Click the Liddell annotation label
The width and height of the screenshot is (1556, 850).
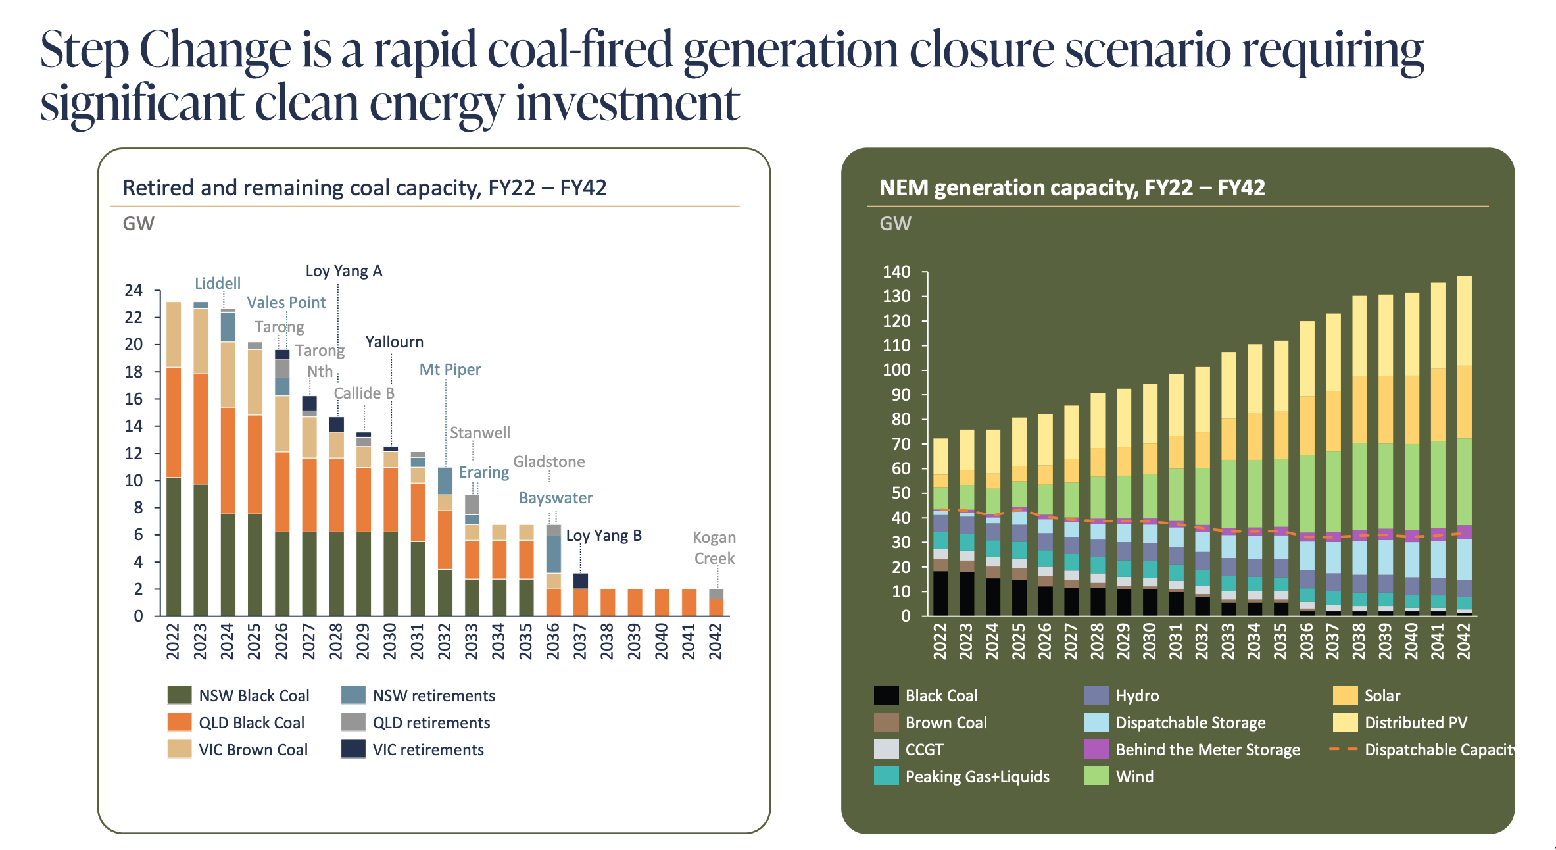[x=218, y=283]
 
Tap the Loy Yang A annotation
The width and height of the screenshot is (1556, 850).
[x=343, y=271]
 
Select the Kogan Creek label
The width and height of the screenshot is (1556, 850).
[x=714, y=547]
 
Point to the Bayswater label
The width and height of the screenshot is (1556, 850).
[x=555, y=497]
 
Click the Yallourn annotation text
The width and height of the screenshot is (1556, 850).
[x=394, y=341]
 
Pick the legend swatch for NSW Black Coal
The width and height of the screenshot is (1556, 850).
[x=180, y=695]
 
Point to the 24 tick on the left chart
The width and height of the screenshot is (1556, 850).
[x=134, y=290]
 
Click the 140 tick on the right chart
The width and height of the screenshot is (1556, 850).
[x=896, y=272]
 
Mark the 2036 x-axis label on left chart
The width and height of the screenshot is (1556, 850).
[x=552, y=641]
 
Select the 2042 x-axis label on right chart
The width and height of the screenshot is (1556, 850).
[x=1463, y=641]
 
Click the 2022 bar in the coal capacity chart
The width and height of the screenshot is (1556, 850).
[x=174, y=461]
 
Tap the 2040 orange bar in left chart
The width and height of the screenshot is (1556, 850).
[x=662, y=602]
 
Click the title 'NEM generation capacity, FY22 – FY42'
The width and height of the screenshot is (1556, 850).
[x=1071, y=187]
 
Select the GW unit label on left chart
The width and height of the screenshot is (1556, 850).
[x=138, y=224]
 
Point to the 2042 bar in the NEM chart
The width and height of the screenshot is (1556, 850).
[x=1464, y=447]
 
